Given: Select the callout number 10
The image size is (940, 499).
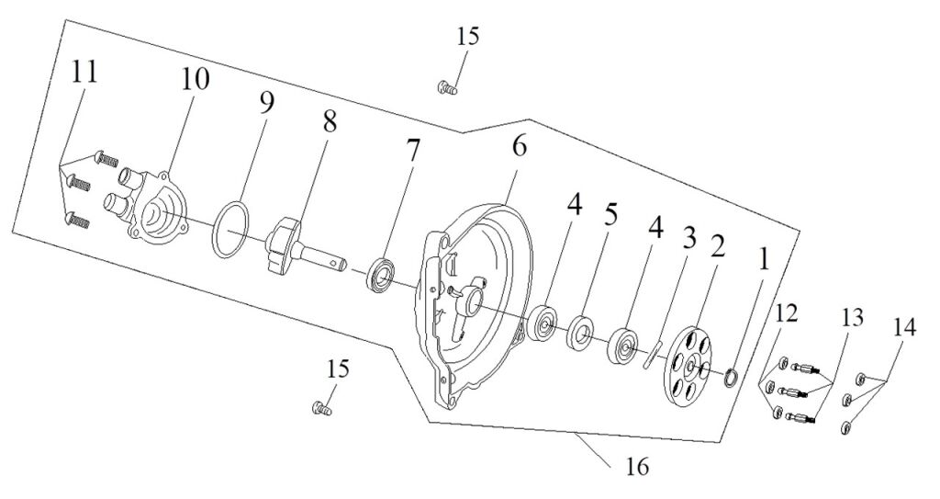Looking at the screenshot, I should click(195, 80).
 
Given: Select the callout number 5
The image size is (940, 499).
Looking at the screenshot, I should click(611, 215).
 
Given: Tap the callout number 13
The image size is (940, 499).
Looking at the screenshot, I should click(853, 318).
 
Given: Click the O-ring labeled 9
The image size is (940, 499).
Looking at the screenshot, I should click(229, 230).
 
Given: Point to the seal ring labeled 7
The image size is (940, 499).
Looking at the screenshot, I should click(380, 275).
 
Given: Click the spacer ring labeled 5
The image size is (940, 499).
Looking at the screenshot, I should click(581, 332).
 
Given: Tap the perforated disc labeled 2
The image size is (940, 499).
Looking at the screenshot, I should click(688, 364).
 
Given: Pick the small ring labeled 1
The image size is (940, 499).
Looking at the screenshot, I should click(732, 378).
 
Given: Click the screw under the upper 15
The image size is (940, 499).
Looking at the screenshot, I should click(446, 87).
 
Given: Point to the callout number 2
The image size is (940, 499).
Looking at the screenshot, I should click(718, 246).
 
